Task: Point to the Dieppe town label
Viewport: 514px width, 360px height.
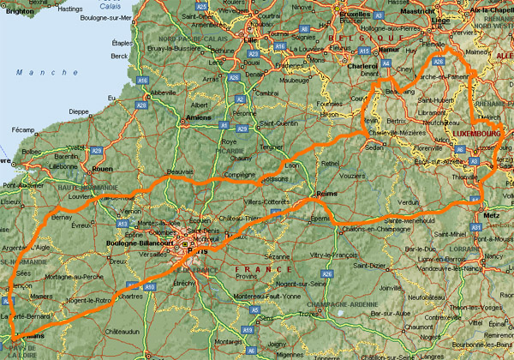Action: (79, 111)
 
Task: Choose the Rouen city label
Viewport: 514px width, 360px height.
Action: (101, 168)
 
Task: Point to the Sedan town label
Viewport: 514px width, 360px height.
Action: (374, 147)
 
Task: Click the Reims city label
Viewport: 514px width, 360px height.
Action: (326, 195)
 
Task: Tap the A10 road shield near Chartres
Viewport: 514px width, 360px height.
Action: (150, 287)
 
